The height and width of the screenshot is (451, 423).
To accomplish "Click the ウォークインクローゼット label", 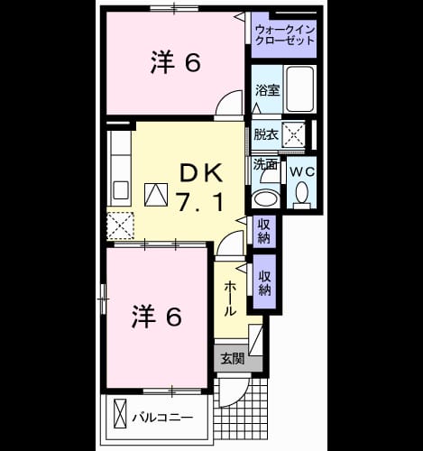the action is point(284,35).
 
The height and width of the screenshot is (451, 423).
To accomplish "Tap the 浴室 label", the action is point(267,90).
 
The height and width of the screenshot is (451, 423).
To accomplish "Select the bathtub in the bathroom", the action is point(299,89).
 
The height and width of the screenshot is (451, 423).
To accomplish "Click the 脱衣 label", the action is point(266,134).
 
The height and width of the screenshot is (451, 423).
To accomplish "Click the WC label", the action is point(302,172).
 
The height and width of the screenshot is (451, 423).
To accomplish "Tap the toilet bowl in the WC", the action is point(302,193).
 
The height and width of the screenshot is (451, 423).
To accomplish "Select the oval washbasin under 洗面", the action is point(266,199).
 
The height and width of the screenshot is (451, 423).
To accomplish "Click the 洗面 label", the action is point(264,164).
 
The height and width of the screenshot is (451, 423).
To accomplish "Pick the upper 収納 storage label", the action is point(264,231).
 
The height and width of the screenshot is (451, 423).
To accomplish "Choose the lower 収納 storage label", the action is point(264,282).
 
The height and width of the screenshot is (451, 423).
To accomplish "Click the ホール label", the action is point(230,298).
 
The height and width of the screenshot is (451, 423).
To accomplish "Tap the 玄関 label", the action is point(232,359).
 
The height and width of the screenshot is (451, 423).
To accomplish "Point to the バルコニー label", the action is point(162,418).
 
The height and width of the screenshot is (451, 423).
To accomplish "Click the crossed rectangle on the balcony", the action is point(120,413).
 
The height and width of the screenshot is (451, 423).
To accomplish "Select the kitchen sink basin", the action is point(121,190).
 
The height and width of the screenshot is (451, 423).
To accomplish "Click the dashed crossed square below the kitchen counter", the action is point(120,225).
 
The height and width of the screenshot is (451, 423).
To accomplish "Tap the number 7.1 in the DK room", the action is point(200,202).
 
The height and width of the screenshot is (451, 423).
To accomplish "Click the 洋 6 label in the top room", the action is point(176,62).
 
